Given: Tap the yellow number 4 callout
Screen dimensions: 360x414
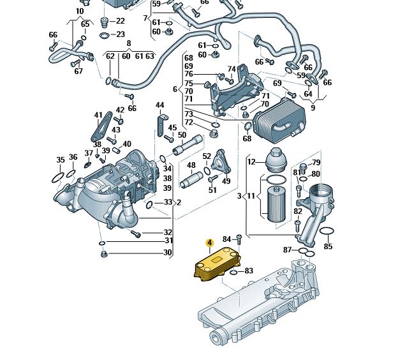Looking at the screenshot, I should pos(209,243).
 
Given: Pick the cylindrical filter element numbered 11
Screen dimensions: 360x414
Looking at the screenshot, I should pos(275,204).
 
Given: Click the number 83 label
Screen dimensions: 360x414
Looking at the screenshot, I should pos(249,271).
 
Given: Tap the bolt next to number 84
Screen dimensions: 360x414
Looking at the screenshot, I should pos(239,240).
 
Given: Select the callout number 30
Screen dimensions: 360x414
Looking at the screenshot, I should pos(168,253).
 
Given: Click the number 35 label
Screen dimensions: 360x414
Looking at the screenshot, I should pos(61,160).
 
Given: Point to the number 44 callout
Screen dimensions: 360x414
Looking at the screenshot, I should pos(159,105).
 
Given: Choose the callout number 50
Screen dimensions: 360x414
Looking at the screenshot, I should pos(182,135).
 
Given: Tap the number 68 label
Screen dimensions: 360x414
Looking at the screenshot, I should pos(247,139).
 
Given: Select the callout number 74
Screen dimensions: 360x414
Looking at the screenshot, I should pos(232,69).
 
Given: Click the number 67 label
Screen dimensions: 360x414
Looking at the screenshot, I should pos(78,71).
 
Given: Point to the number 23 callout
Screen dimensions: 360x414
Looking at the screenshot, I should pos(121,34).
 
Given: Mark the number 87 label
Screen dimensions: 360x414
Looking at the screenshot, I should pos(288,250).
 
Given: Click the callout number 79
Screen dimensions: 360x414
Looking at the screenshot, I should pos(316,163).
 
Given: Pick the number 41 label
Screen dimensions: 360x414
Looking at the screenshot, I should pos(98,116).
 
